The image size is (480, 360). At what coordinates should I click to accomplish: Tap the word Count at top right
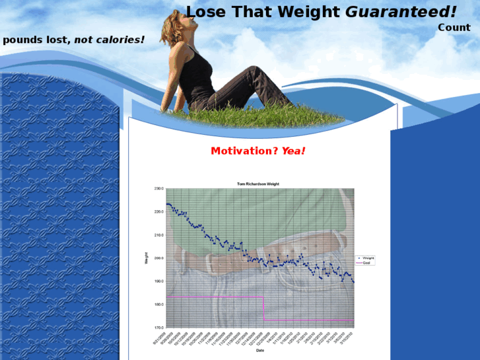pyautogui.click(x=454, y=28)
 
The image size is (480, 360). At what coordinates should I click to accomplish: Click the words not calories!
pyautogui.click(x=109, y=40)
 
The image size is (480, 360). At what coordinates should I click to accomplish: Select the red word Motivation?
pyautogui.click(x=244, y=151)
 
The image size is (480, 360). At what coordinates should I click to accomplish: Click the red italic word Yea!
pyautogui.click(x=294, y=151)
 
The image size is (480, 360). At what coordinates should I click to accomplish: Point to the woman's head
pyautogui.click(x=184, y=24)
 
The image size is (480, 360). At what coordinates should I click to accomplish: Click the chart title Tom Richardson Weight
pyautogui.click(x=259, y=184)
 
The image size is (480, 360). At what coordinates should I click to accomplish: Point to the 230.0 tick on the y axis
pyautogui.click(x=158, y=189)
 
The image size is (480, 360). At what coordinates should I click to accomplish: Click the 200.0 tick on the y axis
pyautogui.click(x=158, y=258)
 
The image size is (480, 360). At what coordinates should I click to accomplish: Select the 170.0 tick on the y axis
pyautogui.click(x=158, y=328)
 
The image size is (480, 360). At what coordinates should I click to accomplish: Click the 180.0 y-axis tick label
pyautogui.click(x=158, y=305)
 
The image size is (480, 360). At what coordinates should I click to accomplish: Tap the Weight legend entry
pyautogui.click(x=368, y=258)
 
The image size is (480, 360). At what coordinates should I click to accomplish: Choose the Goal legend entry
pyautogui.click(x=366, y=263)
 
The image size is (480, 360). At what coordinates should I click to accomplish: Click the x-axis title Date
pyautogui.click(x=259, y=351)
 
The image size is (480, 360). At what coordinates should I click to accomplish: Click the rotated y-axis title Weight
pyautogui.click(x=146, y=258)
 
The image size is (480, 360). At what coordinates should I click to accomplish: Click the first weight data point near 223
pyautogui.click(x=166, y=204)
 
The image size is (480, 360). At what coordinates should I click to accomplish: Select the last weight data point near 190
pyautogui.click(x=353, y=282)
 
